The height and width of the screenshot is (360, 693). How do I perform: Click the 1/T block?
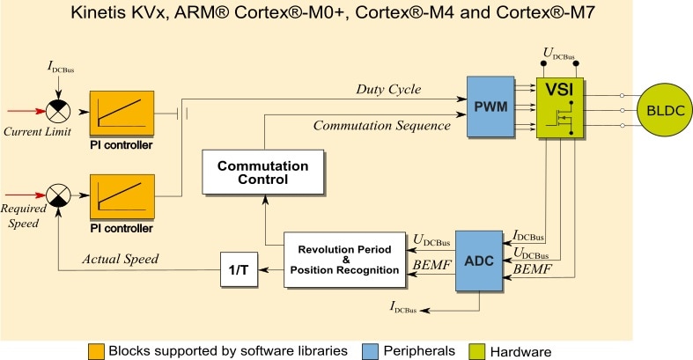coord(238,268)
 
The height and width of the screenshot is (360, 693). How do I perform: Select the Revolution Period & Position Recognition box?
coord(344,260)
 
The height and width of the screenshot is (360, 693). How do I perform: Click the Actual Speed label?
coord(122,259)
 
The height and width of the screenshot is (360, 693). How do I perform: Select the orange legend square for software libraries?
coord(96,350)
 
